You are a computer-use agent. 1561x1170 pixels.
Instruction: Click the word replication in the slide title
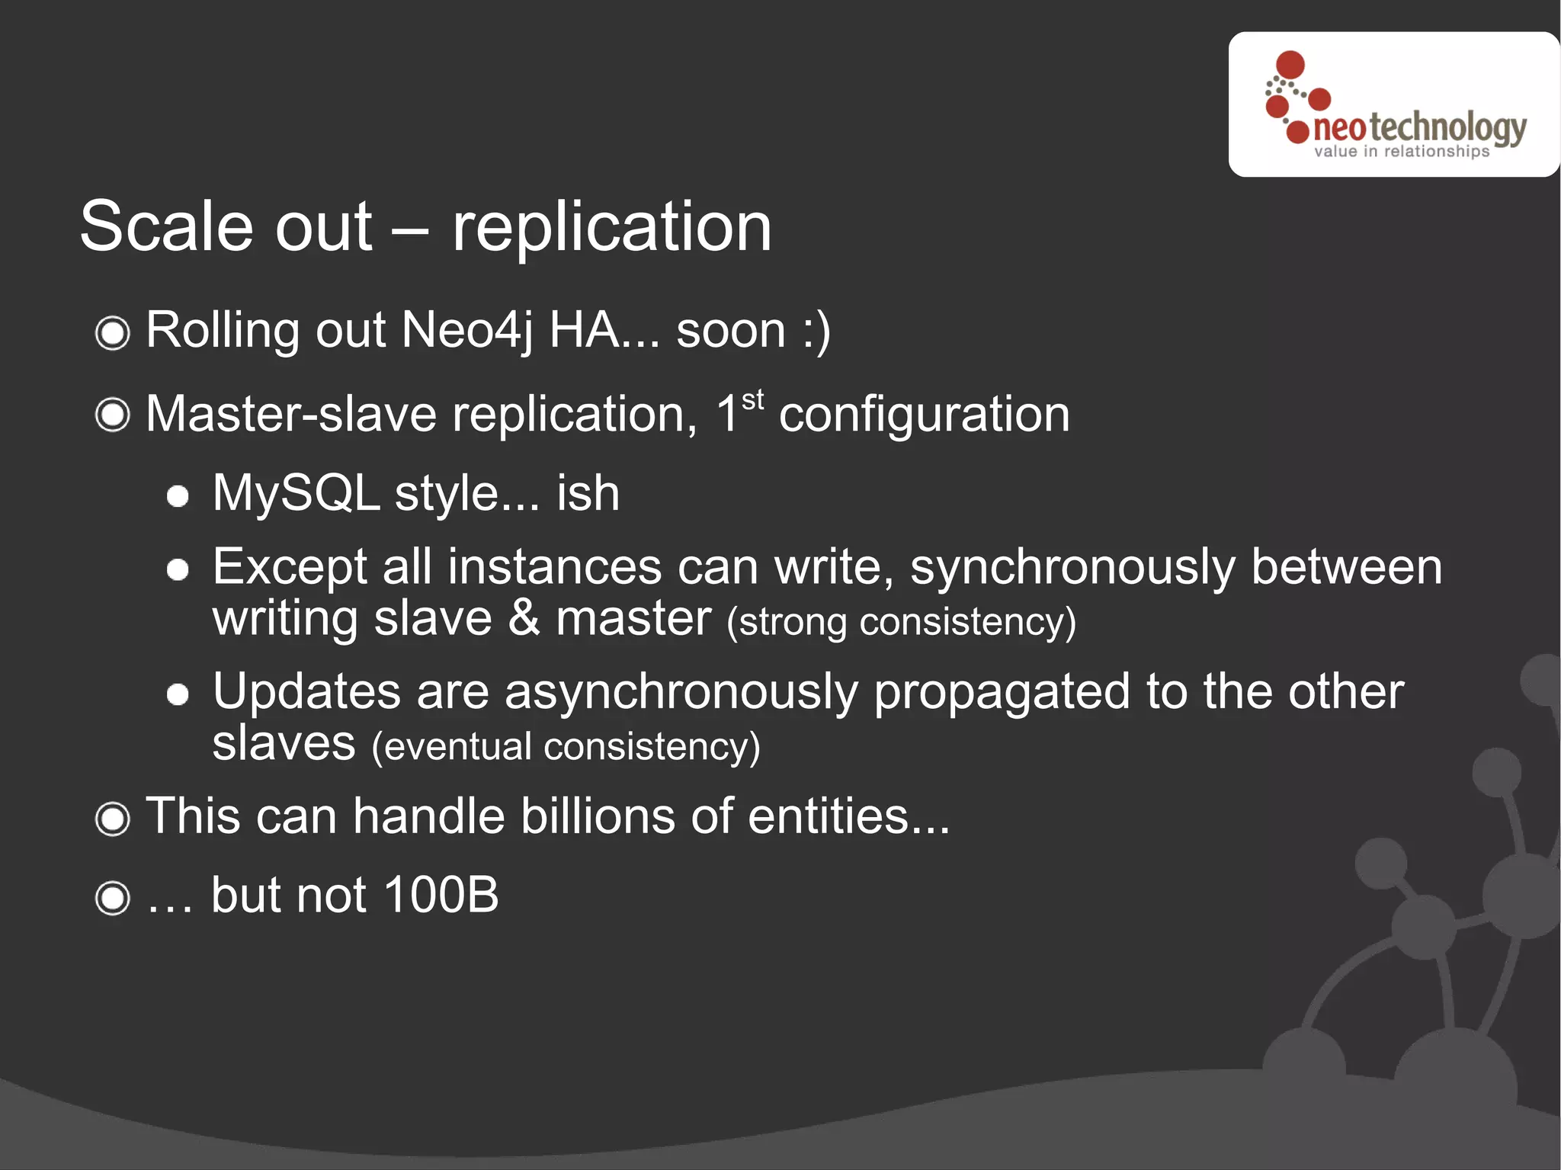(611, 227)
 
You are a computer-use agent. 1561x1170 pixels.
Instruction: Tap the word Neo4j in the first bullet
(466, 331)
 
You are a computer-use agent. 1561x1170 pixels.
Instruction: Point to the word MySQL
(296, 493)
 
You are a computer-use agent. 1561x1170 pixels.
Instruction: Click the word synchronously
(1072, 569)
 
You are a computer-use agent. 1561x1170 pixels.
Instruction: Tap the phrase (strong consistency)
(901, 622)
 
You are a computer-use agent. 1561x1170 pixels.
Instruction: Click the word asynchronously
(681, 693)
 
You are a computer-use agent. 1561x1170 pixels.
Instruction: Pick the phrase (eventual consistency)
(566, 746)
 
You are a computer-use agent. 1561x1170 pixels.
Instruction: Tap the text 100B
(441, 895)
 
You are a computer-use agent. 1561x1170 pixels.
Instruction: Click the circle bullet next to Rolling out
(113, 333)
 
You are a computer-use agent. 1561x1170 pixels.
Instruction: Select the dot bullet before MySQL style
(178, 497)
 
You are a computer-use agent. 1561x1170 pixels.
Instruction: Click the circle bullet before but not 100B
(113, 898)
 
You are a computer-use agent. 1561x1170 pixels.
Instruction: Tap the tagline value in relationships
(1401, 152)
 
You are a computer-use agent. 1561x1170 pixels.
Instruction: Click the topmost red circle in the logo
(1290, 65)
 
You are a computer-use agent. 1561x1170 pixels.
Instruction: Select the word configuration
(924, 415)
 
